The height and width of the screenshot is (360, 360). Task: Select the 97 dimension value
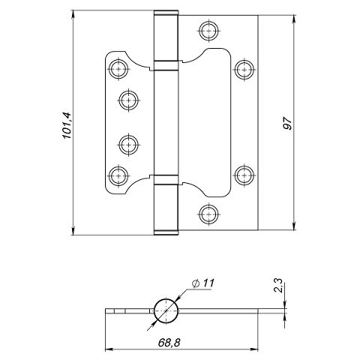[287, 124]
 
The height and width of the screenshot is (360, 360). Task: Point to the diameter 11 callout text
[204, 283]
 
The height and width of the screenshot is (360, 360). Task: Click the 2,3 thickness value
[278, 286]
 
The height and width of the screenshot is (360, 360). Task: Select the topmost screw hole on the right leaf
[209, 31]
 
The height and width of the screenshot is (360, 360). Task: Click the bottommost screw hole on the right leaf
[209, 212]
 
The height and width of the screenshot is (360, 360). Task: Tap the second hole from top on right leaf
[242, 68]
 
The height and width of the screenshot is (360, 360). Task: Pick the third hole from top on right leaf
[242, 175]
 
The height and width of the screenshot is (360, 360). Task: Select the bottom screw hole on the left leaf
[117, 175]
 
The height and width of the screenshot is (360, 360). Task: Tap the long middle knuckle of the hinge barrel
[167, 121]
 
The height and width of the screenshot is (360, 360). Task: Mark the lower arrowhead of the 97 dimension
[292, 229]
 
